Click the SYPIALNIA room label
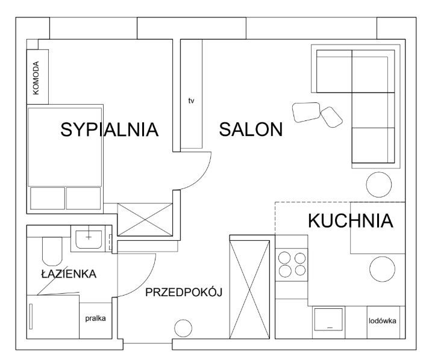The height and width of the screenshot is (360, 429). pyautogui.click(x=109, y=129)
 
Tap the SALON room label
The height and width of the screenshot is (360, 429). pyautogui.click(x=251, y=129)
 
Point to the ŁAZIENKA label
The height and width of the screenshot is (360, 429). pyautogui.click(x=69, y=274)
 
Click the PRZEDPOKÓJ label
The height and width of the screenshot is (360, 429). pyautogui.click(x=184, y=293)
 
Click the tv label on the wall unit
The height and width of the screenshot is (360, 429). pyautogui.click(x=192, y=101)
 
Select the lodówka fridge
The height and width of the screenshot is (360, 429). pyautogui.click(x=382, y=321)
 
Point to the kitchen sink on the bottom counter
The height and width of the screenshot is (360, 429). pyautogui.click(x=328, y=318)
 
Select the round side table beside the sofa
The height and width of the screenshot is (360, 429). pyautogui.click(x=378, y=184)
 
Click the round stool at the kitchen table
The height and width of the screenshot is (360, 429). pyautogui.click(x=383, y=268)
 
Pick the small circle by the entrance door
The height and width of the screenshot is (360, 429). pyautogui.click(x=183, y=329)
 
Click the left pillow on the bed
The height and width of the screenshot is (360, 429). pyautogui.click(x=48, y=197)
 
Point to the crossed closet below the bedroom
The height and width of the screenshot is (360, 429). pyautogui.click(x=145, y=219)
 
